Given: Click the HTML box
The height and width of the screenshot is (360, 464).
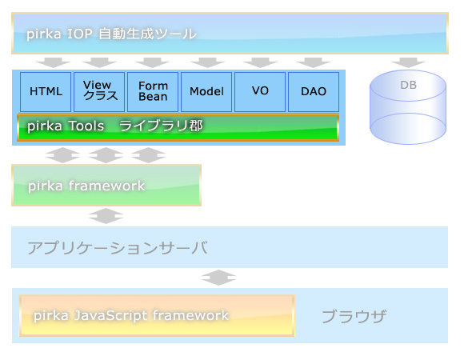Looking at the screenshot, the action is coord(46,92).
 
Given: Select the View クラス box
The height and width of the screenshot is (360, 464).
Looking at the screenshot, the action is coord(99,92).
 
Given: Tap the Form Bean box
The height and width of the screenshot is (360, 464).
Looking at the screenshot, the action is coord(153,92).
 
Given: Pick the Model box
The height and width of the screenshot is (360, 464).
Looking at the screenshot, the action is coord(206,92).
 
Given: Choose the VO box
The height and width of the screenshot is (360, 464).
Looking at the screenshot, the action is coord(260,92).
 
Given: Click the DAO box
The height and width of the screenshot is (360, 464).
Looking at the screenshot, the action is coord(314,92).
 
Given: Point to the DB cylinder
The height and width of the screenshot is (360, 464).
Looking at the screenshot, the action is coord(408,107).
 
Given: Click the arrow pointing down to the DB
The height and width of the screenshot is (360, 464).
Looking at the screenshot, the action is coord(408,62).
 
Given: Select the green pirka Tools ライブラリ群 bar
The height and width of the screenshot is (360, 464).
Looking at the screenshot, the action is coord(178,127).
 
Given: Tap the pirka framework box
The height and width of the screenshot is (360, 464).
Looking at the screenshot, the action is coord(106,185).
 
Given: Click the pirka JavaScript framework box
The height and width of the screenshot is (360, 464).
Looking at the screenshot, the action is coord(157,315).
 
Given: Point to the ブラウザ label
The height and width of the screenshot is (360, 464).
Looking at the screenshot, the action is coord(354,316).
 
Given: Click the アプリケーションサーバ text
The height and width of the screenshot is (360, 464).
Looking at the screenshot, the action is coord(118,247).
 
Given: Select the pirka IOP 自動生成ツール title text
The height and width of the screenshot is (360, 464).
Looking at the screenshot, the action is coord(111,34).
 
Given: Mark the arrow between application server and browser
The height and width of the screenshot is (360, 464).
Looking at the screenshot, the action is coord(218,278).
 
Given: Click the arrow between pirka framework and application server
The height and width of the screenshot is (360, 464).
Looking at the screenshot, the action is coord(106,216).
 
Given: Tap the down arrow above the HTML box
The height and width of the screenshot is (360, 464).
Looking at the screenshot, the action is coord(54,62).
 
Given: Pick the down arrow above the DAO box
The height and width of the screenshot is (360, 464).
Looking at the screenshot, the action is coord(313,62).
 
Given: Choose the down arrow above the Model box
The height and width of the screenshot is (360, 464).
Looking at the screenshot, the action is coord(207,62).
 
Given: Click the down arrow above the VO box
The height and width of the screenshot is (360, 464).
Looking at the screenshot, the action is coord(260,62).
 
